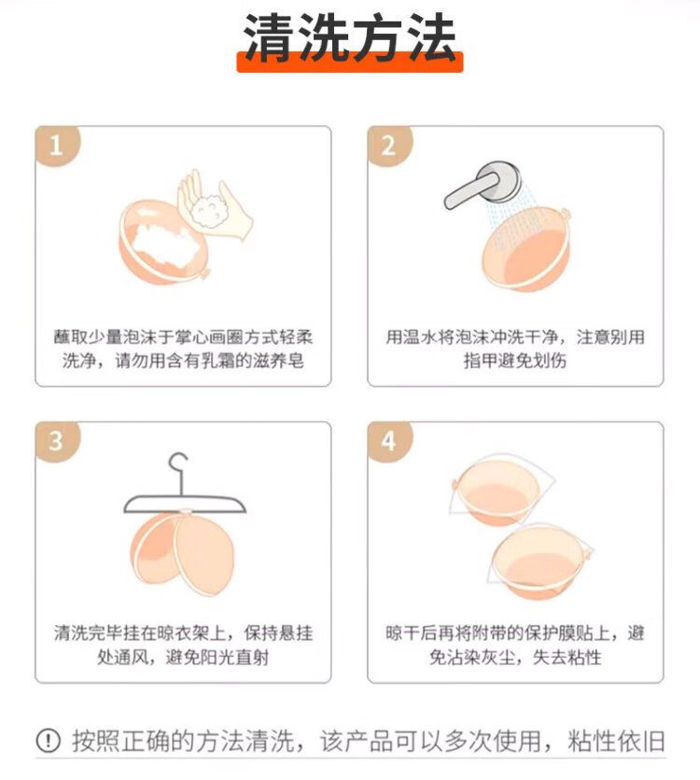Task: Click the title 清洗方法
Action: tap(349, 37)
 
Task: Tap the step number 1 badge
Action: tap(56, 145)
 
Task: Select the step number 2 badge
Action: tap(389, 145)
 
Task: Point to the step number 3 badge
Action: tap(56, 441)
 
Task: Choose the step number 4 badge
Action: tap(389, 441)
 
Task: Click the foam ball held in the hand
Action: tap(209, 211)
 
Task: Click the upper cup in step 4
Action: tap(498, 493)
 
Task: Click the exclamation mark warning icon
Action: tap(49, 741)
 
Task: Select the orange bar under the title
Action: tap(349, 62)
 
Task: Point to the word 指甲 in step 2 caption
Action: tap(481, 361)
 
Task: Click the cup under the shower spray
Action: tap(527, 248)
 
